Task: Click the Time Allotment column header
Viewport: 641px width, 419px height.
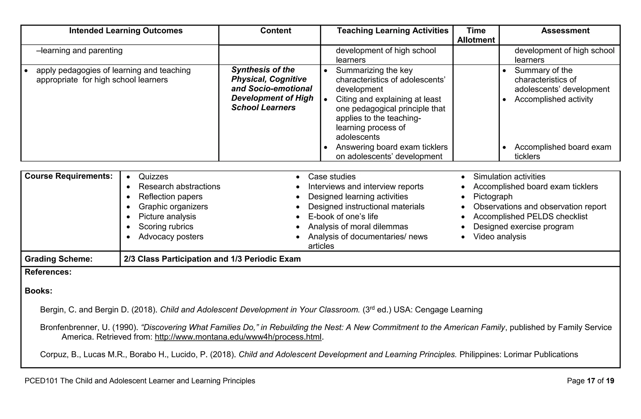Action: tap(476, 35)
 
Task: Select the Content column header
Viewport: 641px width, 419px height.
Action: tap(275, 31)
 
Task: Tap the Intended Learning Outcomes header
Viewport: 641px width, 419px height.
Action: tap(126, 31)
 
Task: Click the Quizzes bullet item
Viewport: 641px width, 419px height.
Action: tap(153, 177)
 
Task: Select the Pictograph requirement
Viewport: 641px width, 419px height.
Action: tap(493, 197)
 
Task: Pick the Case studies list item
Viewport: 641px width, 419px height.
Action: tap(331, 177)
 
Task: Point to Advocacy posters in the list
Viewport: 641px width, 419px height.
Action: tap(171, 237)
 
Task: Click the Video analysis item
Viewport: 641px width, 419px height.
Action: tap(499, 237)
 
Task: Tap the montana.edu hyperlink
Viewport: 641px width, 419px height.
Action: tap(238, 337)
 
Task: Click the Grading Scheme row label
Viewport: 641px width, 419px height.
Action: tap(59, 259)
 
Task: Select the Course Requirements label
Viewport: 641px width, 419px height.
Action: tap(69, 176)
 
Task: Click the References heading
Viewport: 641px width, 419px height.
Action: tap(48, 272)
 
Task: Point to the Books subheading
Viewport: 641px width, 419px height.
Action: tap(38, 291)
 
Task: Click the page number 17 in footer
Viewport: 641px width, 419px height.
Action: tap(591, 381)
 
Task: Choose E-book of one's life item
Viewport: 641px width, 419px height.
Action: tap(343, 217)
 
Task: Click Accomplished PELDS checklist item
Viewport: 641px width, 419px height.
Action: tap(530, 217)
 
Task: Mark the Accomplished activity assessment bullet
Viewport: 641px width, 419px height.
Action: tap(553, 100)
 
